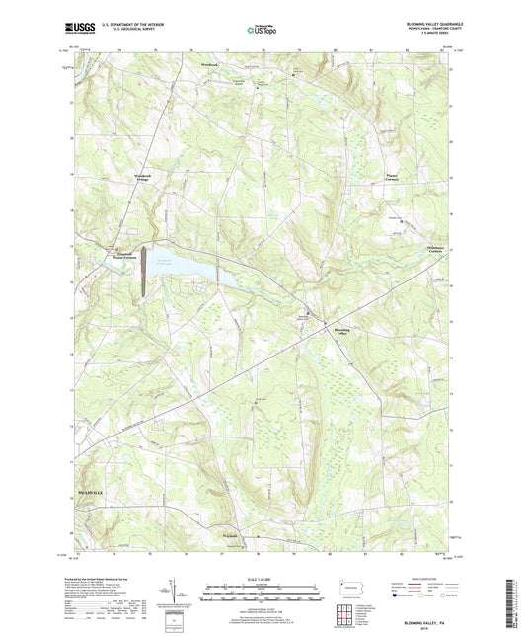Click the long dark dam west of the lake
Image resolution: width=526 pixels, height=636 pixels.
click(x=144, y=272)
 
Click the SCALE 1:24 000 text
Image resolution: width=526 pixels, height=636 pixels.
click(x=262, y=577)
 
